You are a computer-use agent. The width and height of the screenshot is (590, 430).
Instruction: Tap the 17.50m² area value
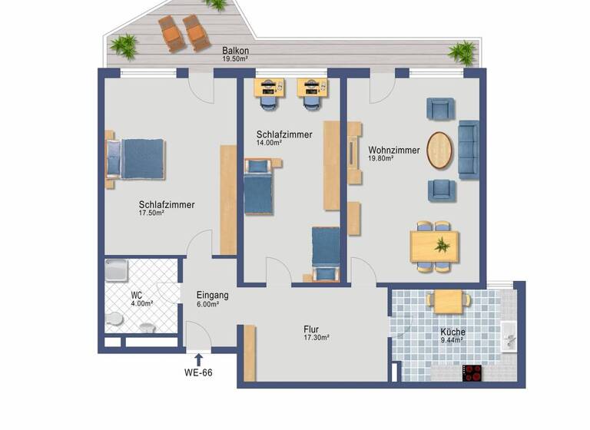pos(151,213)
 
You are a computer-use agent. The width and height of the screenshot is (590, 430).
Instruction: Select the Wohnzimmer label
pos(393,150)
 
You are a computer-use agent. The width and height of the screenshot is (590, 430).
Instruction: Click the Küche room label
pos(452,332)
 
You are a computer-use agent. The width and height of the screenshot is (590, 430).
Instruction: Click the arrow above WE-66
pos(198,359)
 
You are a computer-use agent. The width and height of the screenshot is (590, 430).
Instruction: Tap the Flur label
pos(311,329)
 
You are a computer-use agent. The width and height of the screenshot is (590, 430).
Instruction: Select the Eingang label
pos(213,294)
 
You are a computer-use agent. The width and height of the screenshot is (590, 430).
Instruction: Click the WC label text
pos(136,295)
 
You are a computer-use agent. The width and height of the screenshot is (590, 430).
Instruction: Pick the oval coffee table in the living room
pos(439,150)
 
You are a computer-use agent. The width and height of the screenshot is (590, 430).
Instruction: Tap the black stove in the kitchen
pos(472,372)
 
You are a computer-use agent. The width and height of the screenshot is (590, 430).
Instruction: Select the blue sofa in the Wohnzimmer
pos(467,150)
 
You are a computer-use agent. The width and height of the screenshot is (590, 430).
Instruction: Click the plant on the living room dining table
pos(440,246)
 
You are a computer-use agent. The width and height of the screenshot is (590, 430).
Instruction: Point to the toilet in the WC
pos(114,319)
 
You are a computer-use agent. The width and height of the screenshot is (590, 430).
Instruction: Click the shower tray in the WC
pos(119,272)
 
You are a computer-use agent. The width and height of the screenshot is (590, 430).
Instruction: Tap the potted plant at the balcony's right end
pos(462,52)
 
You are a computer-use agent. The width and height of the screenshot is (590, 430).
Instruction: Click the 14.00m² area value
pos(269,143)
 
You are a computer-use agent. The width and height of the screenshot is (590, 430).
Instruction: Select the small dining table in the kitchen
pos(449,300)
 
